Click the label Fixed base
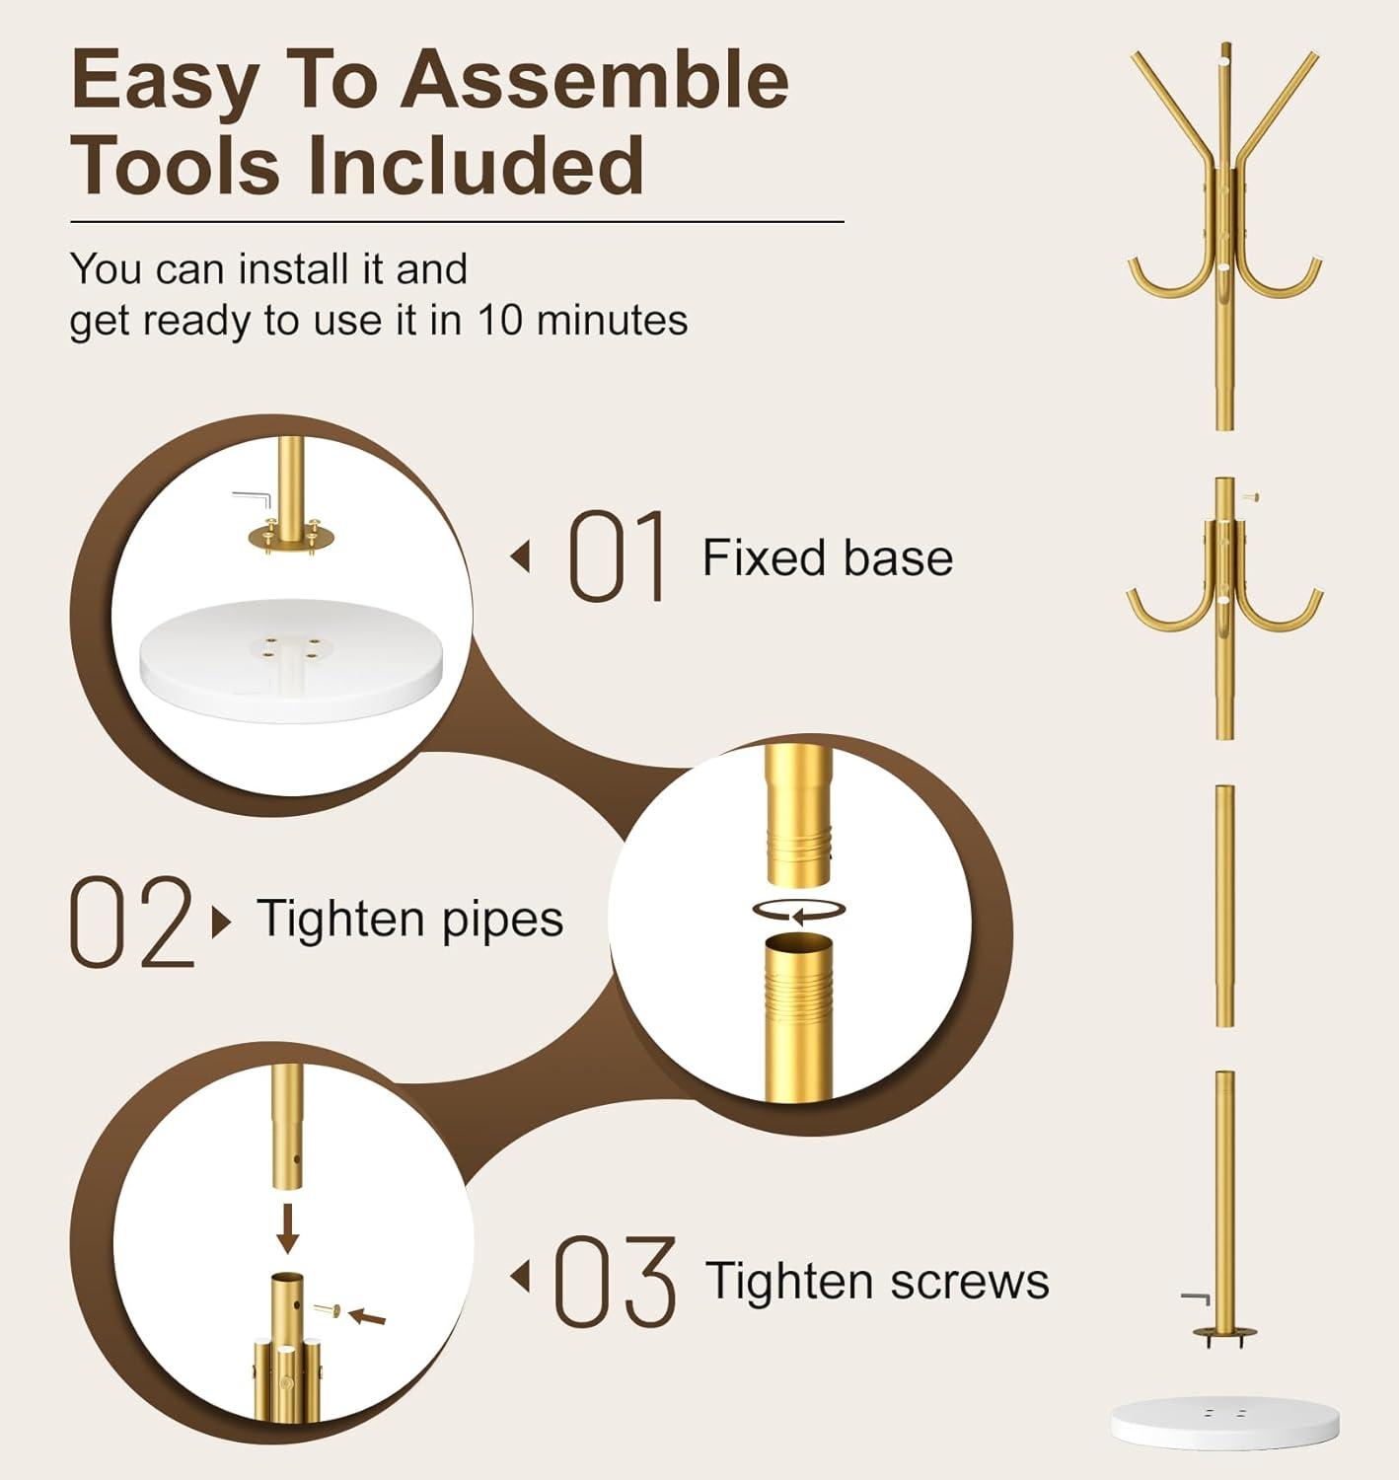coord(828,557)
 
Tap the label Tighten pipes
coord(410,920)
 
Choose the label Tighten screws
coord(877,1281)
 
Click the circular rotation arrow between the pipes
coord(799,910)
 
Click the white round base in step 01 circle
coord(291,659)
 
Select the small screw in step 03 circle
coord(327,1310)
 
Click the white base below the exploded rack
coord(1225,1423)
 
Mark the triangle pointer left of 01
coord(520,557)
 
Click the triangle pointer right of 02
coord(221,923)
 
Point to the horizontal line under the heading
coord(457,222)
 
